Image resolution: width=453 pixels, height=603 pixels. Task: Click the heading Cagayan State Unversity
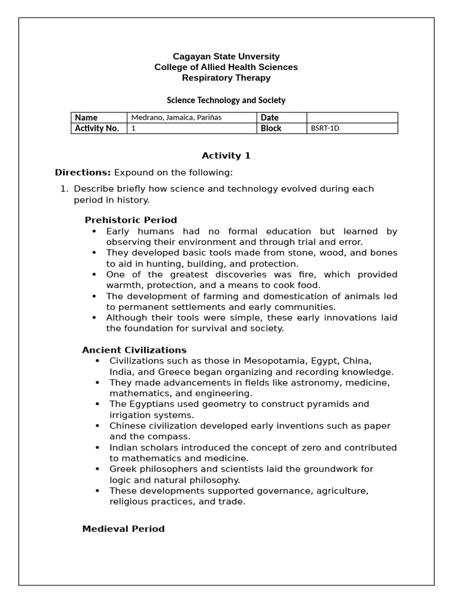[226, 57]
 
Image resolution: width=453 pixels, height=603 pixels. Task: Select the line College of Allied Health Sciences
[226, 67]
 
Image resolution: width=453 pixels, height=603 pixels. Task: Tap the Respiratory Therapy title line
[226, 78]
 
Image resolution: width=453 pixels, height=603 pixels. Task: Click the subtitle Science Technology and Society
[226, 100]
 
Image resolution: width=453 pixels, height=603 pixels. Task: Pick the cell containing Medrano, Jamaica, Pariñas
[192, 118]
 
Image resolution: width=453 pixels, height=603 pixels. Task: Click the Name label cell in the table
[99, 118]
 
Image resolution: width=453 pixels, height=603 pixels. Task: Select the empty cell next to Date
[352, 118]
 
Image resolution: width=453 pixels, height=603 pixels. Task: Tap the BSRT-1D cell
[352, 128]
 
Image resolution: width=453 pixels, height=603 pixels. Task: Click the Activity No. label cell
[99, 128]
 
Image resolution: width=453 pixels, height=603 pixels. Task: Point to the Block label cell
[282, 128]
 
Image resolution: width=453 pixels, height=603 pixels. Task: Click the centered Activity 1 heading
[226, 155]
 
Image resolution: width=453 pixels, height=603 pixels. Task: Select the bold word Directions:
[83, 173]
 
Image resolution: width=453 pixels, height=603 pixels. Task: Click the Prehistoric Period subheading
[130, 220]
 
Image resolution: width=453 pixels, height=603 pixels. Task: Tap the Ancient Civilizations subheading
[134, 350]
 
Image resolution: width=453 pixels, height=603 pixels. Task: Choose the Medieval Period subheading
[123, 528]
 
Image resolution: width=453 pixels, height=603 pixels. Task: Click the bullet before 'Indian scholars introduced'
[97, 448]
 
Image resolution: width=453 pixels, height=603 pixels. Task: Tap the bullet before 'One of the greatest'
[94, 274]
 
